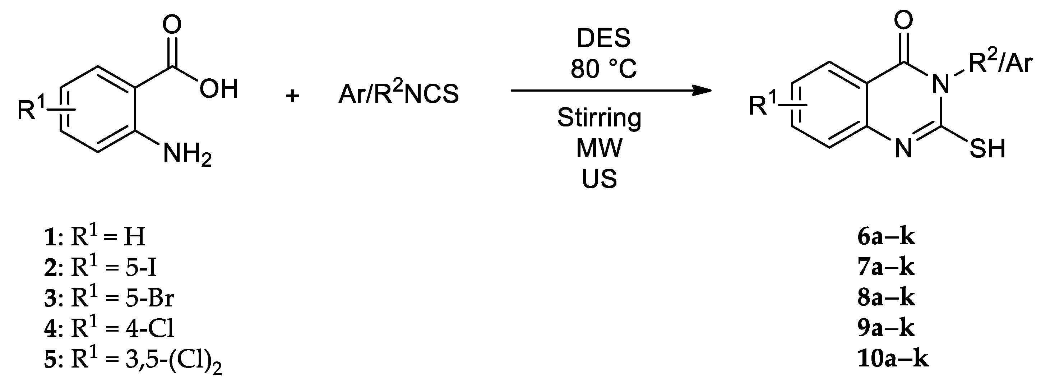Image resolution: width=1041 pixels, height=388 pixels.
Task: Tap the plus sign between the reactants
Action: [x=292, y=96]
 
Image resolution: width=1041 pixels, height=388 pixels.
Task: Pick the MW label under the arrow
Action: [x=599, y=148]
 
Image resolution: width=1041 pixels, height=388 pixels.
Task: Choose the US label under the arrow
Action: [x=599, y=178]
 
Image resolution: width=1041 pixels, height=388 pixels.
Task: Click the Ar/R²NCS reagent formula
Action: [x=398, y=94]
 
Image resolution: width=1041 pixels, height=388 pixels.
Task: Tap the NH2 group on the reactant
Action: [x=187, y=155]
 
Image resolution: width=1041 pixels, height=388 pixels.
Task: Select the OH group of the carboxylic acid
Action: [x=219, y=89]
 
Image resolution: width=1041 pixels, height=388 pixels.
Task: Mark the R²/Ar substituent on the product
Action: [x=1000, y=65]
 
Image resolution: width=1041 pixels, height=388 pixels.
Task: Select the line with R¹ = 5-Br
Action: [x=109, y=298]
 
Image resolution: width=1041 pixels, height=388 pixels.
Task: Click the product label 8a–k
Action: [x=886, y=298]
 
